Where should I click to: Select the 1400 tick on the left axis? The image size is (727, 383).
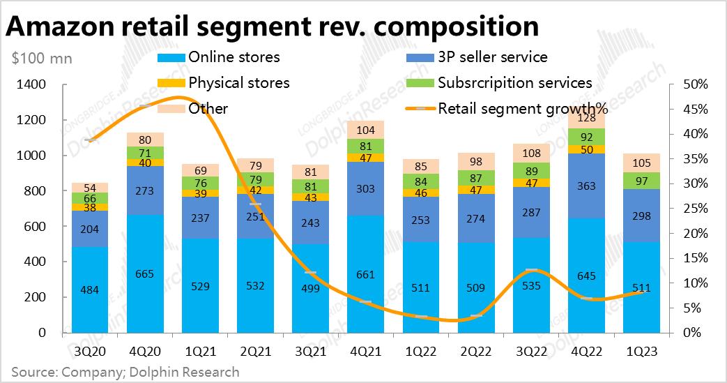point(31,85)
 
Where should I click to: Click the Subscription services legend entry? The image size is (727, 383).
point(514,83)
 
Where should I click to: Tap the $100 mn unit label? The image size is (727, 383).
point(42,59)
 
